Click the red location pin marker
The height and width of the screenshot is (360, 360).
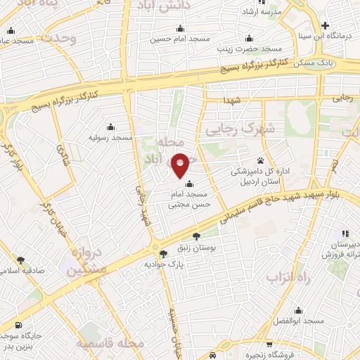tap(181, 165)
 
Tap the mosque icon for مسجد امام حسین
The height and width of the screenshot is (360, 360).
tap(180, 29)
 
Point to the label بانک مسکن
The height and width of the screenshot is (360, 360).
tap(321, 63)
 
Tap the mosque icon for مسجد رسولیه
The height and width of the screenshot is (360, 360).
tap(110, 127)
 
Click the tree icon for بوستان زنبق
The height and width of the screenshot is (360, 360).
tap(195, 236)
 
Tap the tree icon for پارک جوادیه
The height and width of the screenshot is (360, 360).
tap(164, 253)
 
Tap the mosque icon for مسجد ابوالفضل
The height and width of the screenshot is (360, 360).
tap(298, 310)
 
